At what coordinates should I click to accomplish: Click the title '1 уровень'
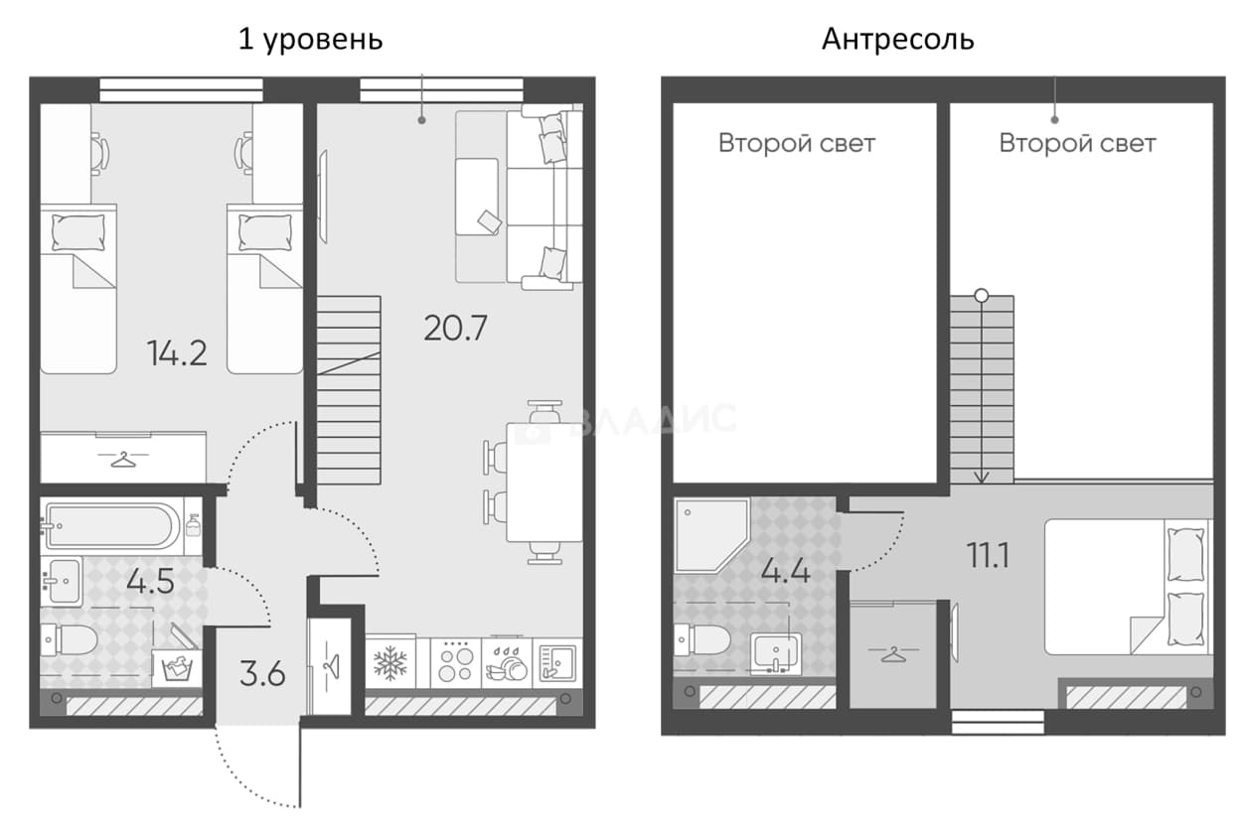[x=310, y=40]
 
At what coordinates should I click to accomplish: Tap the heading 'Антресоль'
[x=898, y=40]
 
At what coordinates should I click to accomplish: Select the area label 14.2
[x=177, y=353]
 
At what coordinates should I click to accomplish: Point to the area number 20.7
[x=455, y=328]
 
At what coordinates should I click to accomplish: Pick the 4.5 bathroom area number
[x=150, y=582]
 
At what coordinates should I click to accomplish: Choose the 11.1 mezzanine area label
[x=988, y=556]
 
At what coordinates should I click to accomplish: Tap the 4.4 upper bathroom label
[x=785, y=570]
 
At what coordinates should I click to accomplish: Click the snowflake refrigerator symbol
[x=390, y=663]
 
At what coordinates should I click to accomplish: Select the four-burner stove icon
[x=455, y=663]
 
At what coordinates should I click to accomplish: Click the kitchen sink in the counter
[x=557, y=663]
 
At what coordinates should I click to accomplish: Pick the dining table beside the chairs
[x=545, y=483]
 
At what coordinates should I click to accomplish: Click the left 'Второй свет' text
[x=797, y=143]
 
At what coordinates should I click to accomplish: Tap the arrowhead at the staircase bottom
[x=982, y=478]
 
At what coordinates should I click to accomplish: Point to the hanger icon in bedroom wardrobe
[x=123, y=459]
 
